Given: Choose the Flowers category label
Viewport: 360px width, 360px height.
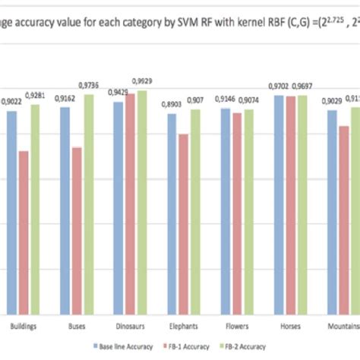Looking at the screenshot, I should click(x=236, y=325).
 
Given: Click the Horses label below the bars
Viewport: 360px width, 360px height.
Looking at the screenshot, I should click(x=289, y=325).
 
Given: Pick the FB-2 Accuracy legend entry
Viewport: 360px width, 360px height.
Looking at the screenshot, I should click(x=243, y=346).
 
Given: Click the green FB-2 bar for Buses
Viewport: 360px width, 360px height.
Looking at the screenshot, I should click(x=89, y=204).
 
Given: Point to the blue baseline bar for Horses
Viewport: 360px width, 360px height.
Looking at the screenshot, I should click(x=279, y=204).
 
